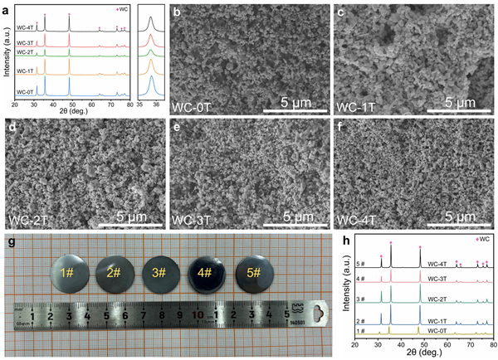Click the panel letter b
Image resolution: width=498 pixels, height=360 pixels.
(177, 14)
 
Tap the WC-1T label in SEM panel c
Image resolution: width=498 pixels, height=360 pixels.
(355, 108)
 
